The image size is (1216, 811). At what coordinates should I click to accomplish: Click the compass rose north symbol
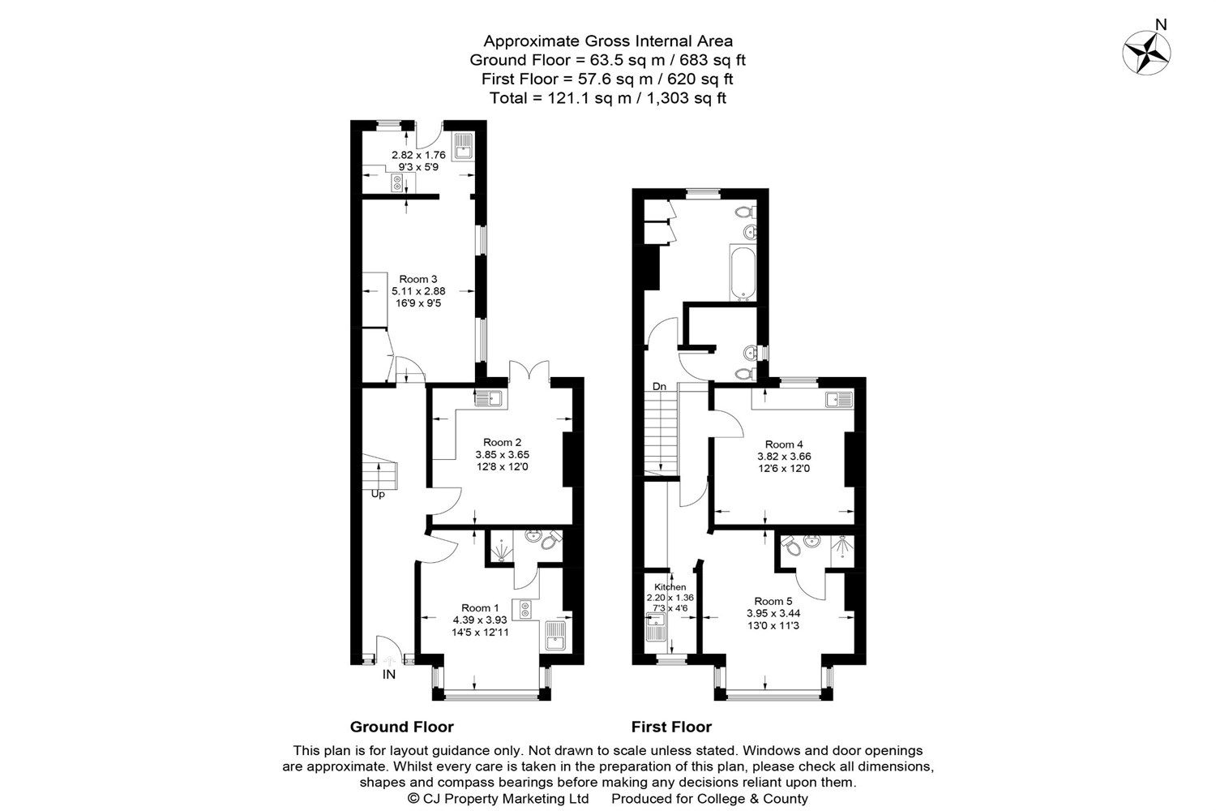(x=1147, y=54)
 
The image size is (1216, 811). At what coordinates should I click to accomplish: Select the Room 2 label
(x=502, y=442)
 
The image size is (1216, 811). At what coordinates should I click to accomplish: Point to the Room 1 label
(x=480, y=607)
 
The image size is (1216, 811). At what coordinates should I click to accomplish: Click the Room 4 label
(x=784, y=444)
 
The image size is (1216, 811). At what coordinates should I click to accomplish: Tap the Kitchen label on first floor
(x=670, y=587)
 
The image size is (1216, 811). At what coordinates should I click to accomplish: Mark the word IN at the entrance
(x=389, y=674)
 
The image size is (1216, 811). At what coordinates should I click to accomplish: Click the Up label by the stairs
(x=378, y=494)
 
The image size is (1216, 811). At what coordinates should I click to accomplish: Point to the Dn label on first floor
(x=660, y=387)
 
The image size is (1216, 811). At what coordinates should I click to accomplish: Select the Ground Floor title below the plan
(x=401, y=727)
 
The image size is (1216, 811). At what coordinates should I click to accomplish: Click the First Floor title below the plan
(x=671, y=727)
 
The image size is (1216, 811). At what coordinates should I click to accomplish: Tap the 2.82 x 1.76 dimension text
(x=418, y=155)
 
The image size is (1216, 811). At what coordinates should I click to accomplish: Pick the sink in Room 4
(x=838, y=398)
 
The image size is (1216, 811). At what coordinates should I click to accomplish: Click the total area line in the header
(x=607, y=98)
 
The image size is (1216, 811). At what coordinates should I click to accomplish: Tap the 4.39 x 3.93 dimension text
(x=481, y=620)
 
